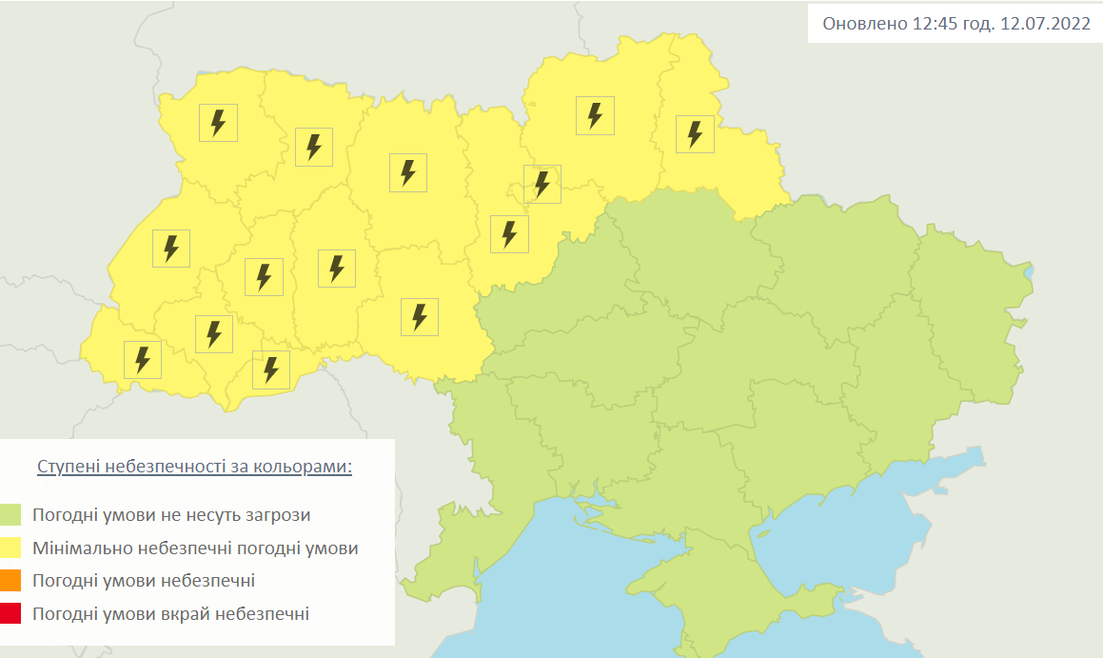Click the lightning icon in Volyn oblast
pyautogui.click(x=218, y=123)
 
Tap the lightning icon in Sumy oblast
pyautogui.click(x=695, y=133)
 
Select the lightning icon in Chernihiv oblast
pyautogui.click(x=595, y=115)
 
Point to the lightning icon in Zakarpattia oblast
pyautogui.click(x=143, y=360)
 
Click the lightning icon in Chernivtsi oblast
pyautogui.click(x=271, y=369)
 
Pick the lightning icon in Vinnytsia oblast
pyautogui.click(x=420, y=316)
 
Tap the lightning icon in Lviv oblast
pyautogui.click(x=171, y=249)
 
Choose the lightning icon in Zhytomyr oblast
pyautogui.click(x=408, y=172)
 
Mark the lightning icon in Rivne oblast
pyautogui.click(x=314, y=148)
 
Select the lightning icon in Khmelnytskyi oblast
pyautogui.click(x=336, y=269)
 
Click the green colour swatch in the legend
pyautogui.click(x=11, y=515)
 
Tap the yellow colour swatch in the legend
pyautogui.click(x=11, y=548)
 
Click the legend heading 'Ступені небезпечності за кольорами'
pyautogui.click(x=194, y=468)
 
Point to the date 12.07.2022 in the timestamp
pyautogui.click(x=1045, y=24)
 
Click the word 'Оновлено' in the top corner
pyautogui.click(x=863, y=24)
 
